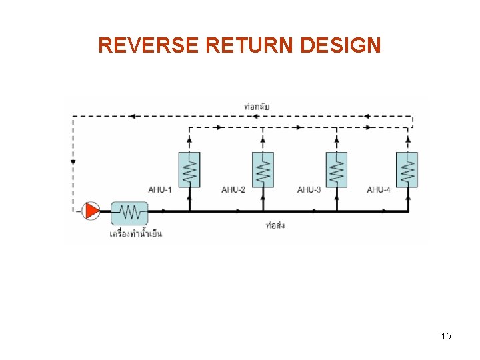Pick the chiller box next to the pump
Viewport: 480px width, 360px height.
[x=129, y=213]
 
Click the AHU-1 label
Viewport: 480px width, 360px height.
[x=159, y=190]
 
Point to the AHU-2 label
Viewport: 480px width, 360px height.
[x=233, y=190]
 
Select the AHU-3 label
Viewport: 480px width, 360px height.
[x=309, y=190]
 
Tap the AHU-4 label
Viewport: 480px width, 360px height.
[x=379, y=190]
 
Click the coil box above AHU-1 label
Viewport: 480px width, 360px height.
[x=189, y=169]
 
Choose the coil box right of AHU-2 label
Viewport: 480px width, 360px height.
[x=263, y=169]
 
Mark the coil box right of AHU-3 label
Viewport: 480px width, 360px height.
[x=337, y=169]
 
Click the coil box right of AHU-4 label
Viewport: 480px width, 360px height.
[x=407, y=169]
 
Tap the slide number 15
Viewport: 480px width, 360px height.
[x=446, y=336]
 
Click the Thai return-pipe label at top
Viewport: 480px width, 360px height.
[x=257, y=107]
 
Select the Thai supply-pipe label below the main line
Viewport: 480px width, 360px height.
[x=275, y=225]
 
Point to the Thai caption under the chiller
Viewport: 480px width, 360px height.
[x=135, y=233]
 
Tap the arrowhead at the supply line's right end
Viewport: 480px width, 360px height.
[x=385, y=211]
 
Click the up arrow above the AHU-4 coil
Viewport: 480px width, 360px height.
[x=407, y=140]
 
